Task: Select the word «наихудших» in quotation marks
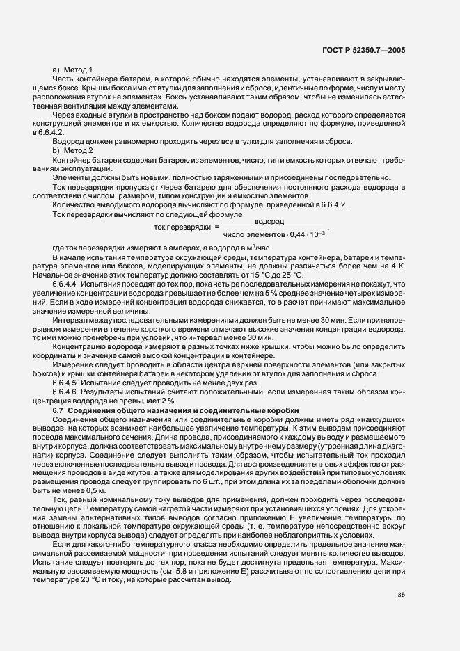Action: pyautogui.click(x=383, y=421)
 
